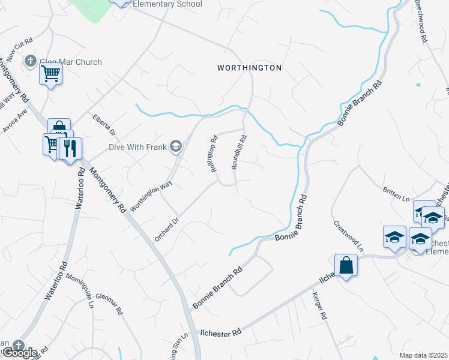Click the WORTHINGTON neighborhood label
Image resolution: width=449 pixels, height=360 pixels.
point(249,68)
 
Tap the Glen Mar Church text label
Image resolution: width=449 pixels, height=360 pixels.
point(71,62)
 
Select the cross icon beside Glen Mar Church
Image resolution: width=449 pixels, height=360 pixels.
point(31,61)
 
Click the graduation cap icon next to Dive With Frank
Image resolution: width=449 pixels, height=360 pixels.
point(176,146)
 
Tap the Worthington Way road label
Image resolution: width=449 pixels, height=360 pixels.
point(151,190)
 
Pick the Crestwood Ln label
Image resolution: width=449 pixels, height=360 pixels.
point(348,236)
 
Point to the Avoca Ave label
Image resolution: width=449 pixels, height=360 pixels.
point(14,121)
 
